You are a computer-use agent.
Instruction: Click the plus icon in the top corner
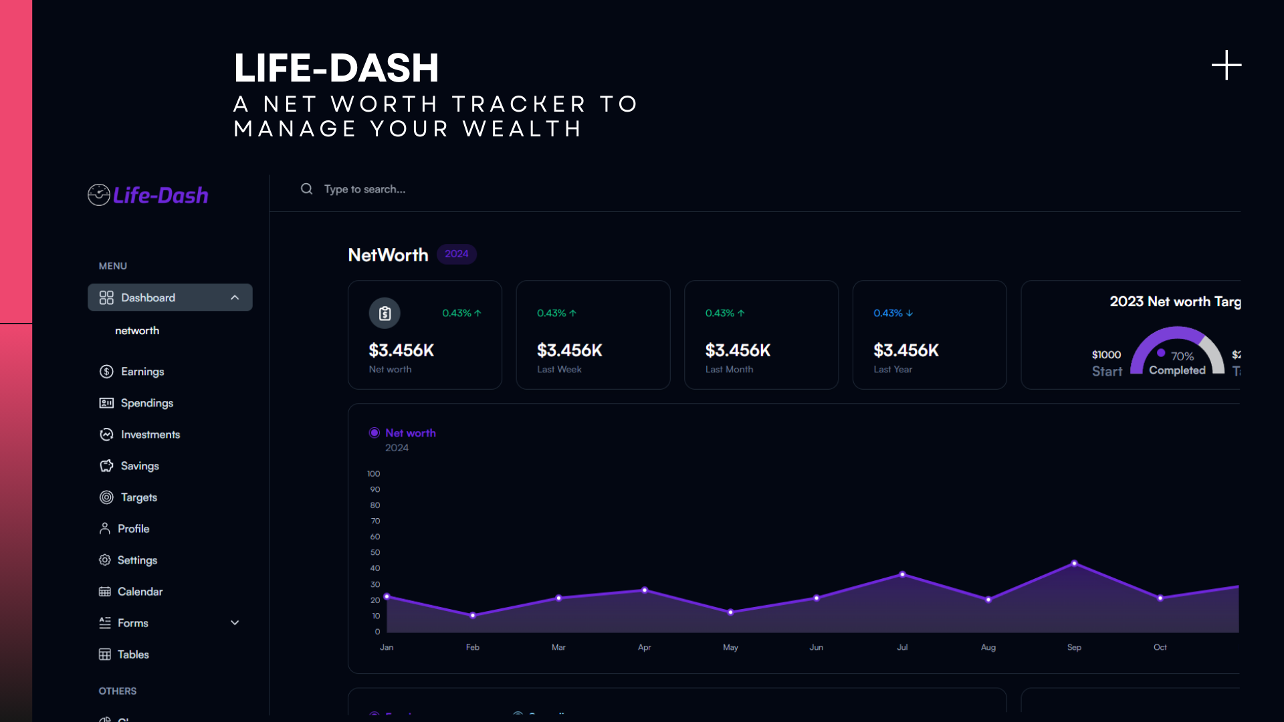1226,66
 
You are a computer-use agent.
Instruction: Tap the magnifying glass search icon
306,189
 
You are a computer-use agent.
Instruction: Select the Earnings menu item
142,372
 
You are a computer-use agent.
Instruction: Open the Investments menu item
150,435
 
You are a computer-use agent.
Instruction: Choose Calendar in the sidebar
140,592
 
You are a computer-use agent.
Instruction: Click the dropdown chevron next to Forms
235,623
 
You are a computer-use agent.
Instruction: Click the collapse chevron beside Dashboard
235,297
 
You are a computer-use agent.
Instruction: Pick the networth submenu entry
137,331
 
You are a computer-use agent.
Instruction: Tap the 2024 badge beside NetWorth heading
456,254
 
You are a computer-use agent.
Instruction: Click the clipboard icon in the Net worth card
385,314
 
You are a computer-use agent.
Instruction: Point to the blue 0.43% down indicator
893,314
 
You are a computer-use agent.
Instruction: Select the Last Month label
729,370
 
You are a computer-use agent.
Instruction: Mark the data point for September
1074,564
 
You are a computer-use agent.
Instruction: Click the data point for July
902,574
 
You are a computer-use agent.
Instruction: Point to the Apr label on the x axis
644,647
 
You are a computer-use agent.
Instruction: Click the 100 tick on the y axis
373,474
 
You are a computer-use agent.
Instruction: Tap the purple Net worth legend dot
374,433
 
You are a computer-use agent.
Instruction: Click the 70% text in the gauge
1182,356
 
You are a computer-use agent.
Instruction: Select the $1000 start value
1106,355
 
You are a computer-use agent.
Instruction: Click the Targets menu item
138,497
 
